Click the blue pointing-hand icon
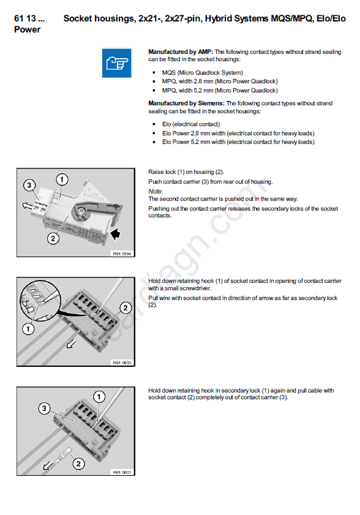117,62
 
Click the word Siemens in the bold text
211,103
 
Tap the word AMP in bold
205,51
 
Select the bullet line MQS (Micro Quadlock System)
202,73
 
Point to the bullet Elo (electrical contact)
191,124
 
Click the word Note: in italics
156,191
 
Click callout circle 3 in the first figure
29,186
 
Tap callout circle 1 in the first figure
62,179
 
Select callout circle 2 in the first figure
53,238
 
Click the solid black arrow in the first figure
115,234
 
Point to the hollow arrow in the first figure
28,206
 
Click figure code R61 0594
122,254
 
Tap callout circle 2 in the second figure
126,308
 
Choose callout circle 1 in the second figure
28,329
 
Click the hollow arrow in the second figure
71,344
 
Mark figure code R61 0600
122,363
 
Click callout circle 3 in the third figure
44,408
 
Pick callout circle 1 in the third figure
99,396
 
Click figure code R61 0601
122,472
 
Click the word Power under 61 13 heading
28,29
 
